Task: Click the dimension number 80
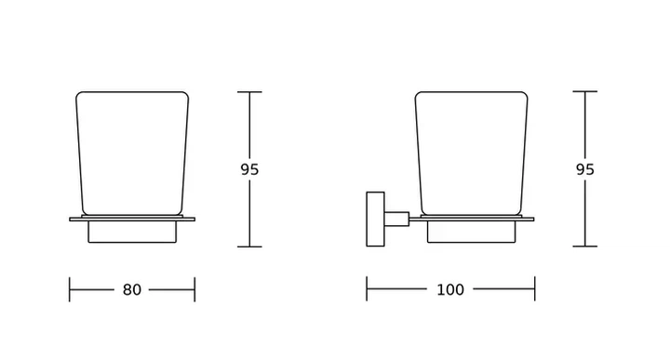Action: pyautogui.click(x=131, y=289)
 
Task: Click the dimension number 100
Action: pyautogui.click(x=450, y=289)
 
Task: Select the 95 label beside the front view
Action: pyautogui.click(x=249, y=169)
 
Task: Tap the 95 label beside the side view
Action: pyautogui.click(x=585, y=169)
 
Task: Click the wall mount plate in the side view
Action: pyautogui.click(x=375, y=220)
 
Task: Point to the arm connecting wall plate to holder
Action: pyautogui.click(x=396, y=220)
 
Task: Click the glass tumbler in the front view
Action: pyautogui.click(x=132, y=153)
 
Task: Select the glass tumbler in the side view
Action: pyautogui.click(x=471, y=153)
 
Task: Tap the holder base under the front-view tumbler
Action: pyautogui.click(x=132, y=232)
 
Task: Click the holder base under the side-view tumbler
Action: pyautogui.click(x=471, y=232)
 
